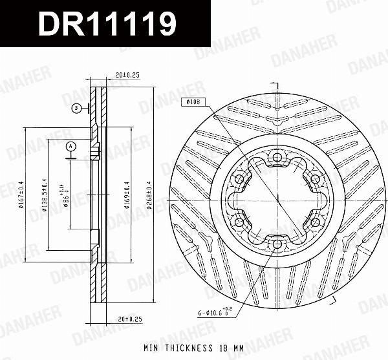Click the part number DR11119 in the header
click(107, 25)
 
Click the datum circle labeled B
click(76, 108)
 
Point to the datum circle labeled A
click(70, 147)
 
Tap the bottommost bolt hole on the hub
click(277, 244)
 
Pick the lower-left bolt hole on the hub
click(239, 222)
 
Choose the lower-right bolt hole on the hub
click(315, 222)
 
